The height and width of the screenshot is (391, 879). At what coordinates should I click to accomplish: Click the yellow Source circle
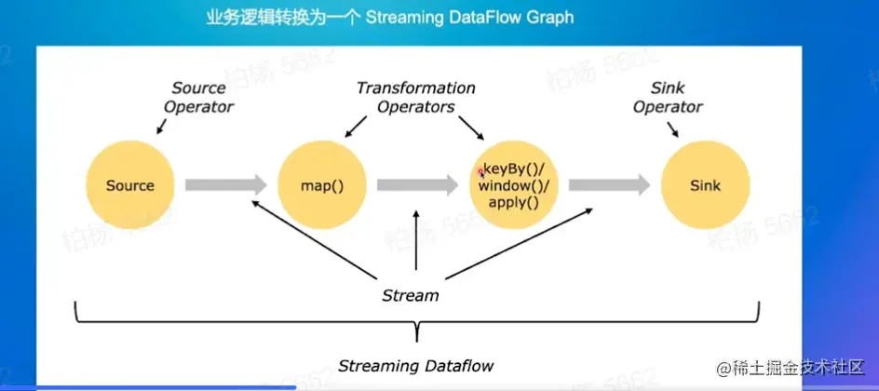[x=129, y=185]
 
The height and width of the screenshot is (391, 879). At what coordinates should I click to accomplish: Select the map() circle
[x=322, y=185]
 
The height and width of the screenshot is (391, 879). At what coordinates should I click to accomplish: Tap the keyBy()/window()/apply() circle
[x=514, y=185]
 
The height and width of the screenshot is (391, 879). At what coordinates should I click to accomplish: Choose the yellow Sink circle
[x=705, y=185]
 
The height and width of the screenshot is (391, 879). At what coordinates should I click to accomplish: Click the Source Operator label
[x=198, y=97]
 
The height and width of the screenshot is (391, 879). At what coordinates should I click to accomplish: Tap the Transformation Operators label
[x=415, y=97]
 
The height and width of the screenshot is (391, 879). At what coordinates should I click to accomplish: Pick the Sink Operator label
[x=668, y=97]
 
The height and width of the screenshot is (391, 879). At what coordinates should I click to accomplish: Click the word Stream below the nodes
[x=411, y=295]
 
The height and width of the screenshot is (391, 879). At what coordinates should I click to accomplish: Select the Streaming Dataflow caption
[x=415, y=365]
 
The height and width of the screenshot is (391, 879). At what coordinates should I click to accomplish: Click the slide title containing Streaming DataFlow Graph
[x=389, y=17]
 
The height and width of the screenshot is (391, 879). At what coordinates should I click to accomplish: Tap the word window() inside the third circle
[x=514, y=185]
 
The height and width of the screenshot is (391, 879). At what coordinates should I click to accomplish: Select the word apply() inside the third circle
[x=514, y=201]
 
